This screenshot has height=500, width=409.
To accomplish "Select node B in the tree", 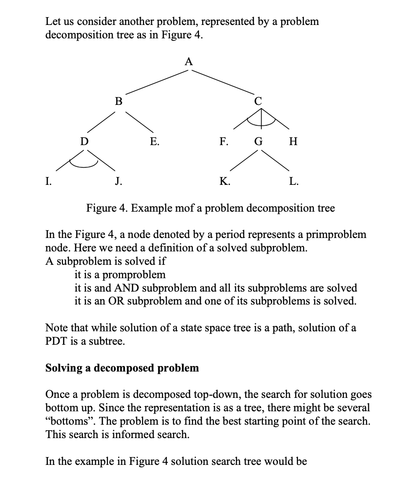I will point(119,101).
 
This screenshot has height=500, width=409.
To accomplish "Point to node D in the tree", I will point(84,141).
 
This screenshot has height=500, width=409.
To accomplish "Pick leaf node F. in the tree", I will point(223,141).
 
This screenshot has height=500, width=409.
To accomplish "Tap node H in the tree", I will point(292,141).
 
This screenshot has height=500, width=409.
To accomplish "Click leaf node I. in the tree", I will point(48,181).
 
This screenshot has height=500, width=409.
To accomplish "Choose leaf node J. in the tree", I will point(118,181).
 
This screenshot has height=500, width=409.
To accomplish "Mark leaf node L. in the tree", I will point(294,181).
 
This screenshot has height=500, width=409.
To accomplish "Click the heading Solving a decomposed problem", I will point(122,368).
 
